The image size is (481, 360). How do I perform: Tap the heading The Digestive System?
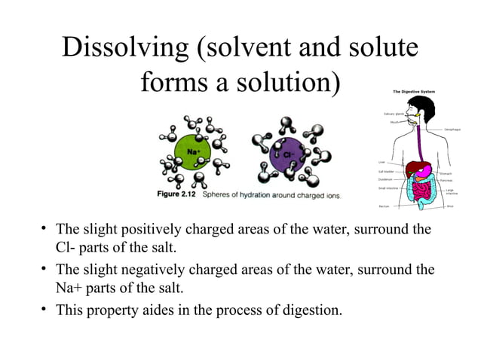415,92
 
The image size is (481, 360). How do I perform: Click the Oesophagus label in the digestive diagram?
453,130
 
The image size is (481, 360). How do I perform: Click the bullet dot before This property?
45,308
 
